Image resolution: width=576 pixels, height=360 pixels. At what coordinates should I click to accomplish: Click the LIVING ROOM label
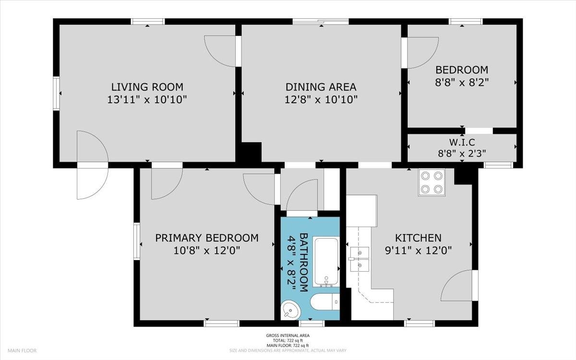point(147,87)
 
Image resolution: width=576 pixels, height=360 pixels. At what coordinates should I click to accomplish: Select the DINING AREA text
point(321,87)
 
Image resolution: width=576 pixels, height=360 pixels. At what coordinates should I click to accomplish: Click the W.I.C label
point(462,142)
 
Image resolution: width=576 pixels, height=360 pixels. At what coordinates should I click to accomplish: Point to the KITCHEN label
point(418,238)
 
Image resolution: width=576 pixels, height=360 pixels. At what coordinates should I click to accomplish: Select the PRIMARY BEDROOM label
point(206,238)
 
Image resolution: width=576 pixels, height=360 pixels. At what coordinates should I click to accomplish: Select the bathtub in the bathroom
point(326,262)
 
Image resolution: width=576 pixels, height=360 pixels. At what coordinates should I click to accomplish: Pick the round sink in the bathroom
point(291,310)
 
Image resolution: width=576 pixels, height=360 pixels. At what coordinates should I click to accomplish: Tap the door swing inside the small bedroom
point(422,52)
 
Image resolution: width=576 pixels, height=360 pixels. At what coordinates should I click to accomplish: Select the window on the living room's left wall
point(56,93)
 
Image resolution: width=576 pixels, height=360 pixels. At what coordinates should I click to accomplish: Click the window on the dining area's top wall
point(321,21)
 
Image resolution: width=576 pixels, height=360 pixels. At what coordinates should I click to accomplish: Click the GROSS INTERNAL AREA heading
point(288,335)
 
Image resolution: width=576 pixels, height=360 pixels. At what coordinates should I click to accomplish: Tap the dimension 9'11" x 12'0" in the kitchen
point(418,250)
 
